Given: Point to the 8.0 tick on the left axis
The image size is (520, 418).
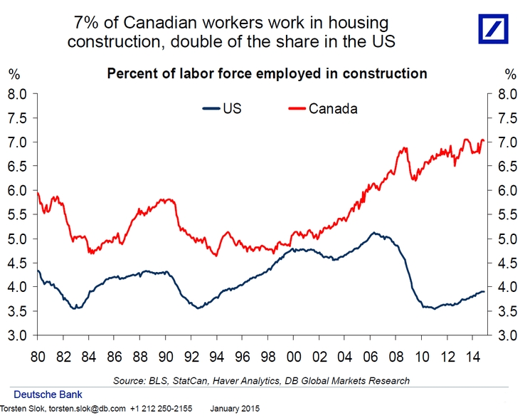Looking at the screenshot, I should [x=18, y=93].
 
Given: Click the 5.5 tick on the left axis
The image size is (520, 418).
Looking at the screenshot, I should [x=18, y=214].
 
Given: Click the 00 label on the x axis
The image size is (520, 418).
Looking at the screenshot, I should [x=285, y=354].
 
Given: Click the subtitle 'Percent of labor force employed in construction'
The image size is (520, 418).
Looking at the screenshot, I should [x=266, y=73].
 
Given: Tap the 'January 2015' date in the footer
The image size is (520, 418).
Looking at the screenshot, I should [x=235, y=409].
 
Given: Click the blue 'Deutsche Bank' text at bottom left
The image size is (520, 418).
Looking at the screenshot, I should [x=49, y=395].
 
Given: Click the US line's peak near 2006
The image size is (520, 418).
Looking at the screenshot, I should [x=373, y=233].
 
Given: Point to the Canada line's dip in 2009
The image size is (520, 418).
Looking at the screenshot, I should [x=414, y=179].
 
